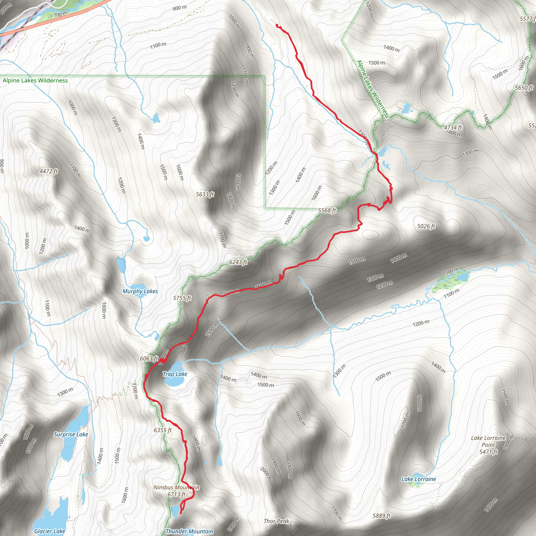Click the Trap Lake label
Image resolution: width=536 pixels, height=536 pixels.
point(175,374)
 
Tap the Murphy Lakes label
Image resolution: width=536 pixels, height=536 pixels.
point(140,291)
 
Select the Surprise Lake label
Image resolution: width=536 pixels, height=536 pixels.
point(71,434)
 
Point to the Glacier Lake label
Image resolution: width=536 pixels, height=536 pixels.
point(49,531)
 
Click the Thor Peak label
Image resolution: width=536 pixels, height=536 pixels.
point(276,521)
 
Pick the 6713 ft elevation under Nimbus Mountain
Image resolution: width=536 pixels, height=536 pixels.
point(176,494)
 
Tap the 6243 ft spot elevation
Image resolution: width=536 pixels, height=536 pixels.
point(238,262)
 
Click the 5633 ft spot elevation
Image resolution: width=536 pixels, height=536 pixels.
point(205,194)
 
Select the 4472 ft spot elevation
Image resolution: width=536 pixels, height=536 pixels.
point(49,171)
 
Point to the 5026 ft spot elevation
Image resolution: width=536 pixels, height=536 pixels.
point(426,226)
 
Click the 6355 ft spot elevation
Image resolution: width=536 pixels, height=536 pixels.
point(163,430)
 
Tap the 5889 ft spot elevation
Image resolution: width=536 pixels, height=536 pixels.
point(382,516)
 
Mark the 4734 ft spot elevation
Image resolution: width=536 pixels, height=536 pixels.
point(453,127)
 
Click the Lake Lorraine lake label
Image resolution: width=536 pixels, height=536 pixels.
point(419,479)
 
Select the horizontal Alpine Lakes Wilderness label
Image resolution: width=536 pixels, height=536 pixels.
point(35,80)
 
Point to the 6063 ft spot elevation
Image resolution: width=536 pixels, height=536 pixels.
point(149,359)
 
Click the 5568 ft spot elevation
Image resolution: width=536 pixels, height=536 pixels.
point(327,210)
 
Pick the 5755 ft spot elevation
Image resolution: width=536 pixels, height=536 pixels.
point(182,298)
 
